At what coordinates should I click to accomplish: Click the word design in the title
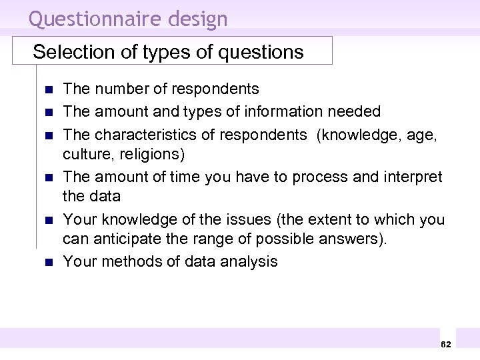(x=201, y=19)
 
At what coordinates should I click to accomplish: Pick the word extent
(x=315, y=220)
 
